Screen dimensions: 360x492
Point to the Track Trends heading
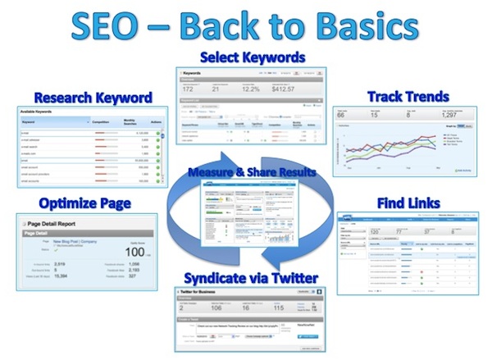click(408, 97)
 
